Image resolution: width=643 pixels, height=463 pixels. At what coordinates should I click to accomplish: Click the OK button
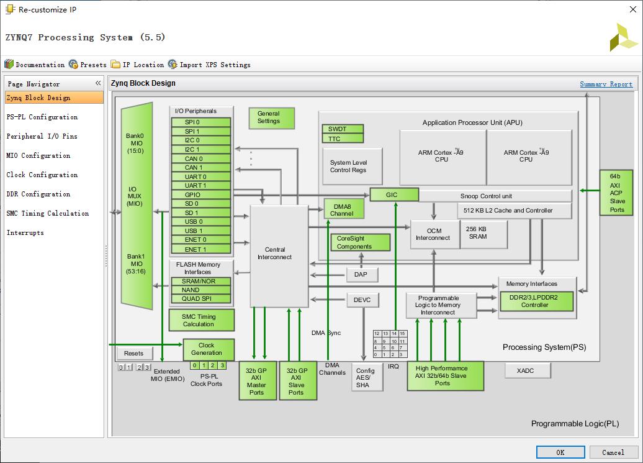[560, 452]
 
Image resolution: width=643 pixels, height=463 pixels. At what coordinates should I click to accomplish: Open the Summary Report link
[606, 84]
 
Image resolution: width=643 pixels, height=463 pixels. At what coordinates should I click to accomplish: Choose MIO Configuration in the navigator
[38, 155]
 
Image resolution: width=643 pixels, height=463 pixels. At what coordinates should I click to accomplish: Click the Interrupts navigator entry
[25, 232]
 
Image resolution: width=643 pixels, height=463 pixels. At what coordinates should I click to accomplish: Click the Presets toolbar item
[88, 65]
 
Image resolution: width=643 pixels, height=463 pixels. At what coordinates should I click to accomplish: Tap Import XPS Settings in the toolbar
[209, 65]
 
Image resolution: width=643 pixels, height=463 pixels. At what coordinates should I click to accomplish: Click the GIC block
[392, 195]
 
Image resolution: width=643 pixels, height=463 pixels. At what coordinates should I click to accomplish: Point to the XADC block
[525, 370]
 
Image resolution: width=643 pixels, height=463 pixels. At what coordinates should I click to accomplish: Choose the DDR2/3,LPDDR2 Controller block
[537, 301]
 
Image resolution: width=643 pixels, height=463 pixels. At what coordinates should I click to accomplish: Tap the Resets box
[134, 353]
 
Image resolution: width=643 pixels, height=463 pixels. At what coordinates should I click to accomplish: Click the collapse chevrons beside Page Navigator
[98, 83]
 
